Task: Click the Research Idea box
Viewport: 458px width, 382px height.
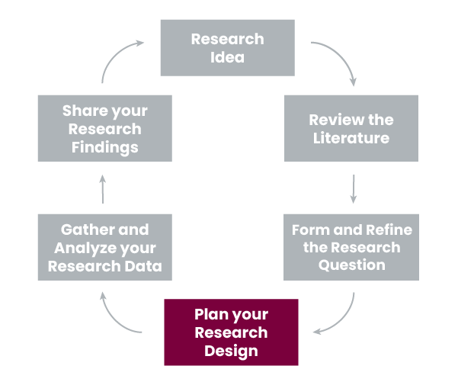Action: coord(227,48)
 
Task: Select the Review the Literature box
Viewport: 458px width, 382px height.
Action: coord(351,128)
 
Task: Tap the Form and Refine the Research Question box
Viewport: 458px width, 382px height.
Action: coord(351,247)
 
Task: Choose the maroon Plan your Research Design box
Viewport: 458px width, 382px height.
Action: coord(231,332)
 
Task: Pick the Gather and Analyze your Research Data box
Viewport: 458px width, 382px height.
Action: coord(105,247)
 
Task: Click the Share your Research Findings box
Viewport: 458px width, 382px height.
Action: coord(105,128)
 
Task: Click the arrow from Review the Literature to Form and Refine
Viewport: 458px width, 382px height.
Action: coord(354,188)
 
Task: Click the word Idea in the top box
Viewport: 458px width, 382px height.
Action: coord(227,58)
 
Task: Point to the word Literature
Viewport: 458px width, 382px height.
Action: coord(351,138)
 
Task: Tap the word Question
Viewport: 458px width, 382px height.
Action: coord(351,265)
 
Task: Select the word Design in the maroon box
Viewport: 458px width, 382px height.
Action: coord(231,351)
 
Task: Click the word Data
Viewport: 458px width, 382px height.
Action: coord(145,265)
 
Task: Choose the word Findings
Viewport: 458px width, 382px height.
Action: coord(105,146)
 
